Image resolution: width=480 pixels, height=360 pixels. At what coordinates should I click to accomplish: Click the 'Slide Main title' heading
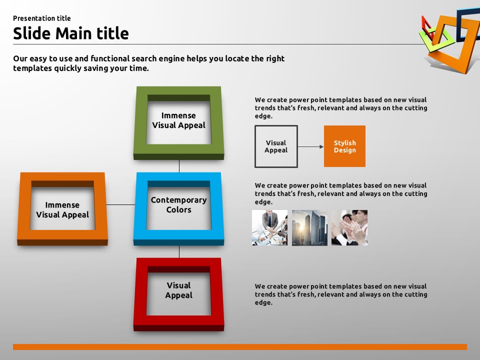click(70, 33)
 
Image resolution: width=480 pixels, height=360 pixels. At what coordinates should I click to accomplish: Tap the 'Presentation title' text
click(42, 18)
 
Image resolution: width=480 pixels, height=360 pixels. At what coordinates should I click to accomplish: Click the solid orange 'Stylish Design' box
click(344, 146)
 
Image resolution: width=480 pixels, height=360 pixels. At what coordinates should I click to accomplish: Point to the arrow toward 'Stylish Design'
click(310, 146)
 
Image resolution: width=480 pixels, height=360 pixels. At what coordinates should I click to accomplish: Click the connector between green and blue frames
click(179, 166)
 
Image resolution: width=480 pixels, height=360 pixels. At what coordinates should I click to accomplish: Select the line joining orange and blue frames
click(121, 204)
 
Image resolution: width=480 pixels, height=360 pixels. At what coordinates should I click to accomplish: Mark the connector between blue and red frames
click(179, 251)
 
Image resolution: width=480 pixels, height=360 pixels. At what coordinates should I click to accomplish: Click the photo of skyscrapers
click(309, 228)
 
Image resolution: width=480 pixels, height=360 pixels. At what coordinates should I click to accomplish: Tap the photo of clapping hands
click(349, 228)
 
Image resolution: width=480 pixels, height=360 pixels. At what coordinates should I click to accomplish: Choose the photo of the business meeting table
click(269, 228)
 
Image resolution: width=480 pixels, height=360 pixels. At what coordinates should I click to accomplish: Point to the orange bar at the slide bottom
click(240, 347)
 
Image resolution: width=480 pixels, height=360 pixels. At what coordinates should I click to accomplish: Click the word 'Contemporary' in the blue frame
click(179, 200)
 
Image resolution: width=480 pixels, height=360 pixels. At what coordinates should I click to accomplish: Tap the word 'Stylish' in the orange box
click(344, 143)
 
